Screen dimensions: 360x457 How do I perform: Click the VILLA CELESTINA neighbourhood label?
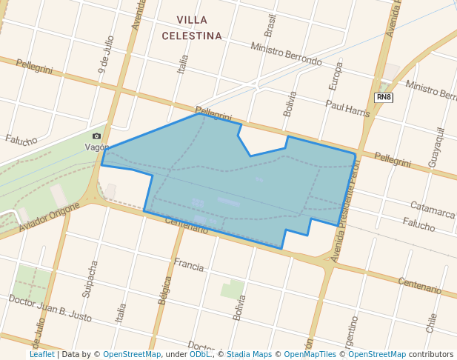click(x=192, y=27)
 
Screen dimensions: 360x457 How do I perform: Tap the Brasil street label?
click(x=270, y=25)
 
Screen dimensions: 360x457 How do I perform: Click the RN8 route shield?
click(x=383, y=98)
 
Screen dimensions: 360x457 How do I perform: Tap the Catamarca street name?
click(x=432, y=211)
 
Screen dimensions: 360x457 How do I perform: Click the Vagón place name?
click(x=97, y=147)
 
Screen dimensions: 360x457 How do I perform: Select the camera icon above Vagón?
click(x=96, y=136)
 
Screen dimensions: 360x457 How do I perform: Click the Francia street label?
click(x=188, y=263)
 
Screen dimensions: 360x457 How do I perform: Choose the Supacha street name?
click(x=90, y=279)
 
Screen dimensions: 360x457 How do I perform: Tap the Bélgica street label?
click(x=164, y=291)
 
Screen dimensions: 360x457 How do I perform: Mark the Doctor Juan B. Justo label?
click(x=50, y=307)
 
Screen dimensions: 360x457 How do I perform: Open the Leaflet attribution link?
click(x=41, y=354)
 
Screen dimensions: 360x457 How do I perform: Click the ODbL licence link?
click(x=200, y=354)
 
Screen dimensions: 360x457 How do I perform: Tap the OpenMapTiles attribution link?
click(x=310, y=354)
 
